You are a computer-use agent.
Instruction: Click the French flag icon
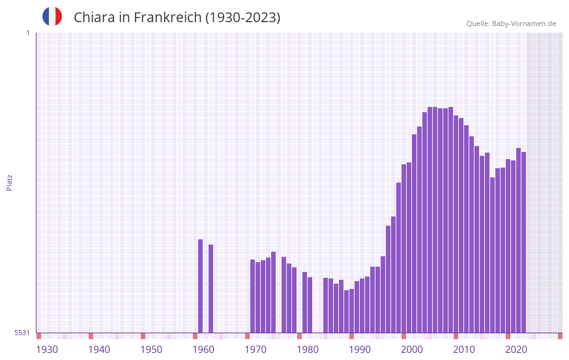(x=52, y=16)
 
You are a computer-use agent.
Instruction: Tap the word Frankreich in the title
(x=168, y=18)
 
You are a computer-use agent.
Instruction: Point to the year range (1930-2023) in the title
(x=242, y=18)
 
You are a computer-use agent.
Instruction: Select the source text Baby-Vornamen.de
(x=523, y=23)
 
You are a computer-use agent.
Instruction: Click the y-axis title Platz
(x=9, y=182)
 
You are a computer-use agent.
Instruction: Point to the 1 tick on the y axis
(x=27, y=33)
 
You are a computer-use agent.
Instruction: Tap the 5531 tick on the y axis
(x=22, y=333)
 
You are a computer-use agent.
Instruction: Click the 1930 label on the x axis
(x=47, y=350)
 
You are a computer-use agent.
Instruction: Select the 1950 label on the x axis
(x=151, y=350)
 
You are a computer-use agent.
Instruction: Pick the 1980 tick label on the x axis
(x=308, y=350)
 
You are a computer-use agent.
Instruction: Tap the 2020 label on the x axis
(x=516, y=350)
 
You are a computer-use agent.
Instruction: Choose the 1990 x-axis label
(x=360, y=350)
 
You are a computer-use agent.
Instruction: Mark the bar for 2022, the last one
(x=523, y=242)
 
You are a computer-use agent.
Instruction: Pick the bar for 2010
(x=461, y=225)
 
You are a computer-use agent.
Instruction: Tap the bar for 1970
(x=253, y=296)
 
